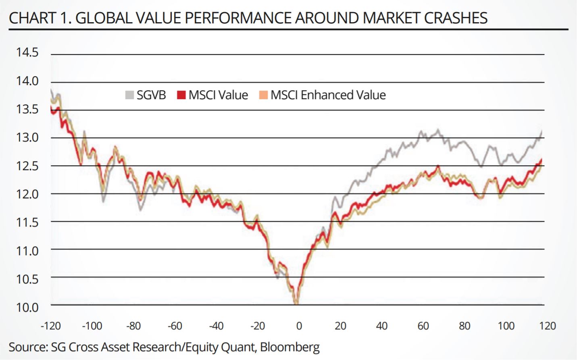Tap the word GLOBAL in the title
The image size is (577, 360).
point(103,18)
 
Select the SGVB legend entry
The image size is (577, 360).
point(151,95)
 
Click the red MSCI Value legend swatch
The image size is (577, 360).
point(181,95)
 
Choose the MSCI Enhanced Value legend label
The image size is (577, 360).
point(328,95)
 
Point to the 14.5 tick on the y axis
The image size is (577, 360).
point(27,52)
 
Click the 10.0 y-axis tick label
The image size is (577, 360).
point(27,307)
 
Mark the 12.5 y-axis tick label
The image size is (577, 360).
point(27,166)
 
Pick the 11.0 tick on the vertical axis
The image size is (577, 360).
point(27,251)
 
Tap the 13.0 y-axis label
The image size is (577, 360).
point(27,137)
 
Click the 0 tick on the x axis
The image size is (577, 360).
point(299,326)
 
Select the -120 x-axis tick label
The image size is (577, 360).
point(51,326)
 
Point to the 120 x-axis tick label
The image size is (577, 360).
point(547,326)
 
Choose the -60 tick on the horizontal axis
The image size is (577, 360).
point(175,326)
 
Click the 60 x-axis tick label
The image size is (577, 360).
point(423,326)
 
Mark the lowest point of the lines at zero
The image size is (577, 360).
point(296,303)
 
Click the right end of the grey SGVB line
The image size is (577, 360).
point(542,131)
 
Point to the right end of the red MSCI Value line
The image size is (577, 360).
point(542,160)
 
